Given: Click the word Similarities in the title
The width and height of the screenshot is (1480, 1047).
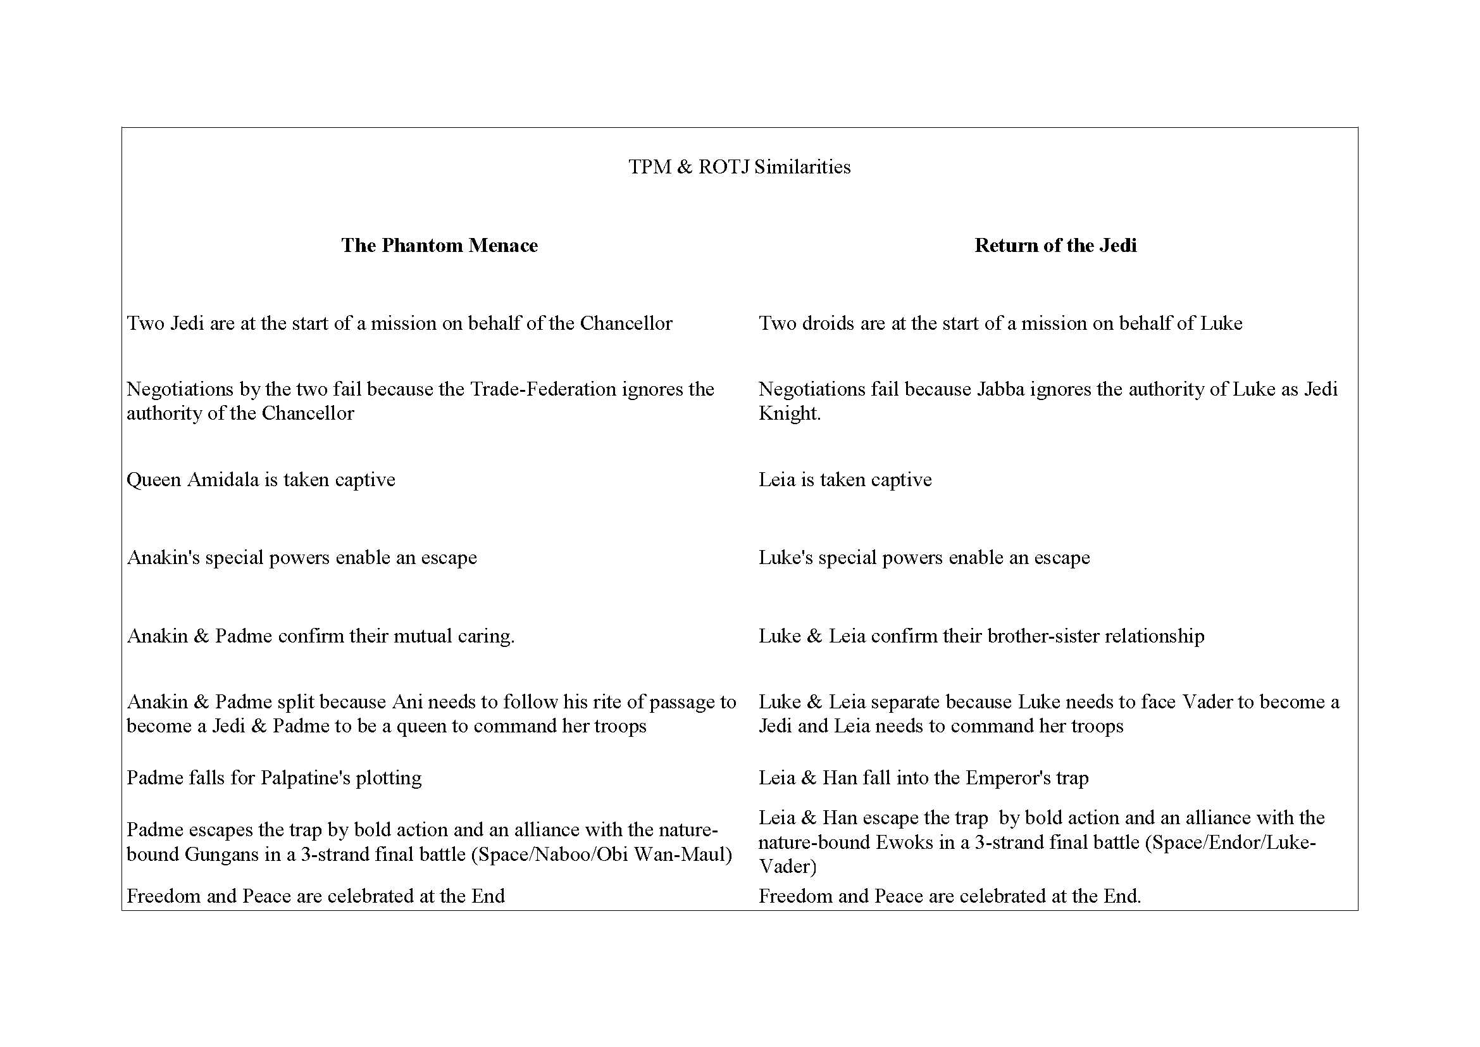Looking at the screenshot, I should click(x=802, y=167).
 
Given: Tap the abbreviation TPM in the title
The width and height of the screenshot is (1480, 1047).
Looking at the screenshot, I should click(x=650, y=167).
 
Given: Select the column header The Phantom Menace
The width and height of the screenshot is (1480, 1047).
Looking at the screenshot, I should click(x=439, y=245).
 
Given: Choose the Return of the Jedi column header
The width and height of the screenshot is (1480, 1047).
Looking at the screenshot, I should click(x=1055, y=245).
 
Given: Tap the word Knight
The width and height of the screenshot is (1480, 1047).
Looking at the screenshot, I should click(x=789, y=413).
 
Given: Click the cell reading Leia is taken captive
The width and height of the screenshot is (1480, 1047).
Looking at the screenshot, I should click(x=845, y=480).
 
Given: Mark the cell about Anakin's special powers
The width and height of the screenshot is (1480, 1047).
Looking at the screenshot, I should click(x=302, y=558).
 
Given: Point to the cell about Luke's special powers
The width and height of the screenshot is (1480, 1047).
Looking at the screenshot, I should click(x=924, y=558).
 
